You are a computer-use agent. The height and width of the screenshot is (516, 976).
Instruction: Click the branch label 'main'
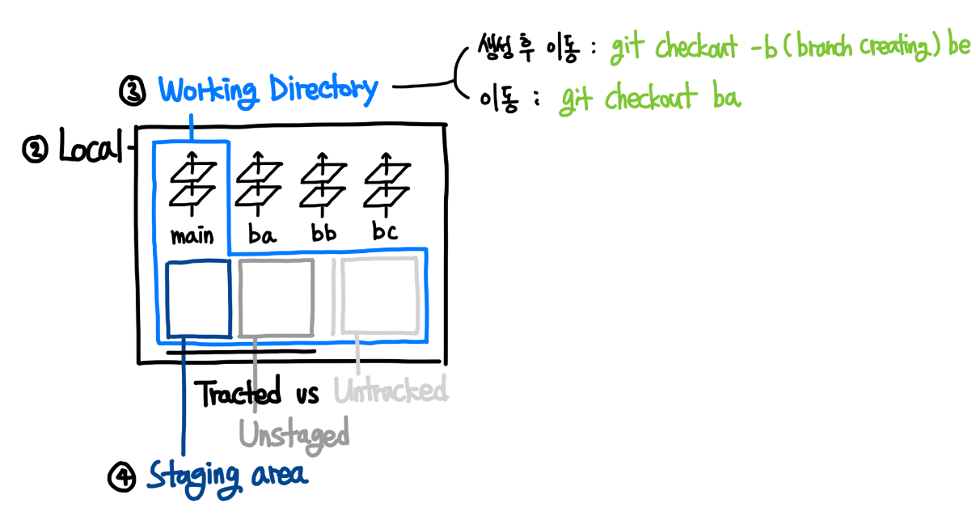coord(192,235)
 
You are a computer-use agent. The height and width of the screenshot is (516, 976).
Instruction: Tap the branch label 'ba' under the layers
coord(262,235)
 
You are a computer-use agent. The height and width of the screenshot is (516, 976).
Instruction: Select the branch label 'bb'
coord(323,235)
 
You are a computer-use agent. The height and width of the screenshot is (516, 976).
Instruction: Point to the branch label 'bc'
coord(385,233)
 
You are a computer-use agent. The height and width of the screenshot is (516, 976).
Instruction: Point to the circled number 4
coord(120,478)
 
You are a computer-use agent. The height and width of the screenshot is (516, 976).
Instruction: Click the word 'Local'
coord(88,149)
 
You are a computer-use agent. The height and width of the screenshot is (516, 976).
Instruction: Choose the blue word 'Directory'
coord(323,90)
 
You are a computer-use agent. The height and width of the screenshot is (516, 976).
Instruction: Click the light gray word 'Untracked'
coord(391,391)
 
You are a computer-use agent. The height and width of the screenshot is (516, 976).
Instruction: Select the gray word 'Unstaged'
coord(294,435)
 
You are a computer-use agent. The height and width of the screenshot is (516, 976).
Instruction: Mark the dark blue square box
coord(198,298)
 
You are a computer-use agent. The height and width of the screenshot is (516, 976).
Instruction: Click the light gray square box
coord(378,294)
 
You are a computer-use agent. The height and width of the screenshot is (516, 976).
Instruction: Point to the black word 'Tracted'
coord(239,393)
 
